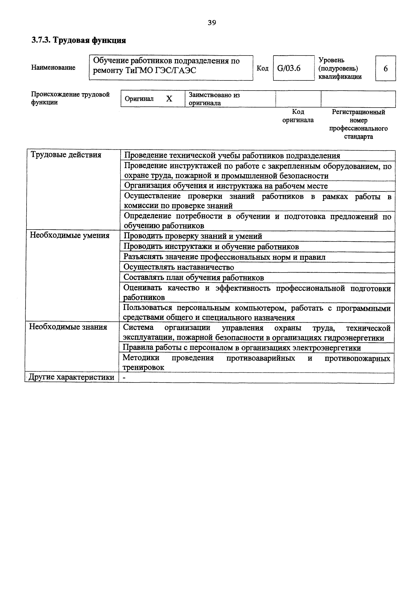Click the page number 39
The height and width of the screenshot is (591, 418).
click(212, 23)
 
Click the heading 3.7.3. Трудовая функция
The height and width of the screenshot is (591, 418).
click(79, 40)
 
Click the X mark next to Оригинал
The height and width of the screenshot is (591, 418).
click(169, 99)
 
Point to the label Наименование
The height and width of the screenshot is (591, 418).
click(53, 68)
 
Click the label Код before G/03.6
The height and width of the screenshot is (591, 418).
click(262, 68)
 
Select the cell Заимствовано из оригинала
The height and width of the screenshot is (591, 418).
click(214, 99)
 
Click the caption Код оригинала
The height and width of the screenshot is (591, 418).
click(298, 116)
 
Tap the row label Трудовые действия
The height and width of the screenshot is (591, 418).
click(66, 155)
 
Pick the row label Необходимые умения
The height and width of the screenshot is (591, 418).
click(69, 236)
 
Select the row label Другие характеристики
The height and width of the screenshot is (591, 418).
click(71, 377)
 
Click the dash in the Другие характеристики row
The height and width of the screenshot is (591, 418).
click(125, 378)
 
